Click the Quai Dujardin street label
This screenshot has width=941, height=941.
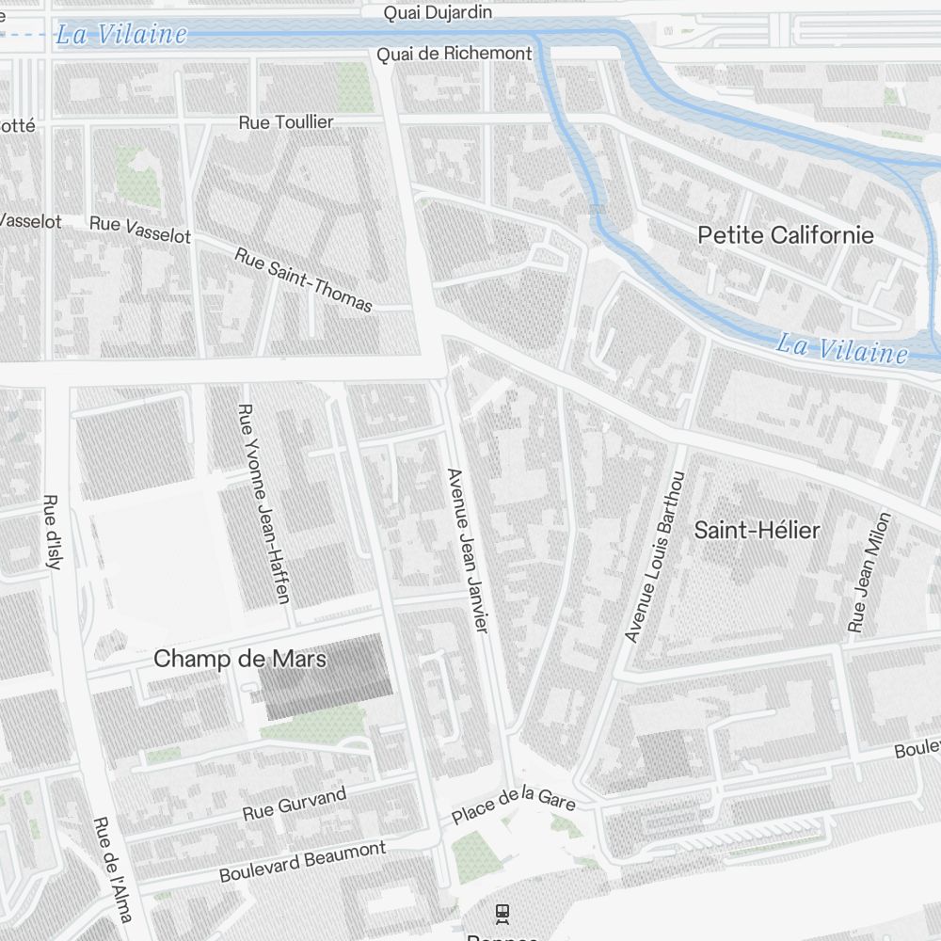click(438, 13)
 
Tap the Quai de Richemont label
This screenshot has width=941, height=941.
click(455, 55)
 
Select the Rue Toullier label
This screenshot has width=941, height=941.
click(286, 122)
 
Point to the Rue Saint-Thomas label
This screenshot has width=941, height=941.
click(303, 279)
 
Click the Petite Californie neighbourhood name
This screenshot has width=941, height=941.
click(786, 235)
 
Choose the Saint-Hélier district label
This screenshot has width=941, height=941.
click(757, 531)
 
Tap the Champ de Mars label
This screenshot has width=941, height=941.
click(240, 659)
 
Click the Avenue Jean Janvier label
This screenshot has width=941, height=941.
click(469, 550)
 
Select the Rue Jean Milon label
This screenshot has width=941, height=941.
click(869, 571)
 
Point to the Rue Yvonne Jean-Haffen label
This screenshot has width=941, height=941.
click(263, 503)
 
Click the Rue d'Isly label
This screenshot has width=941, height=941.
click(53, 532)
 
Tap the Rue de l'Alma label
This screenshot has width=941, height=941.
click(112, 869)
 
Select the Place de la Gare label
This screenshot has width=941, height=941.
click(513, 805)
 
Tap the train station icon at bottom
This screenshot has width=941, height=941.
click(502, 911)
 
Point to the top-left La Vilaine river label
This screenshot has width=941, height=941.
click(121, 36)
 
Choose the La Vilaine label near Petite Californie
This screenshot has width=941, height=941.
click(841, 349)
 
